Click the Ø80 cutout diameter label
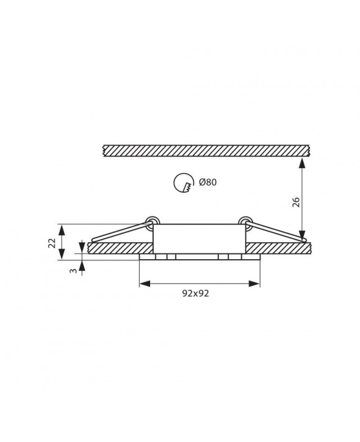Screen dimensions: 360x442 207,182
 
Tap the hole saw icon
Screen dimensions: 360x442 184,184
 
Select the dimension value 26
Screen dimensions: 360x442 296,202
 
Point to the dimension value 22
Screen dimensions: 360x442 52,243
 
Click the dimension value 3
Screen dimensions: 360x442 73,271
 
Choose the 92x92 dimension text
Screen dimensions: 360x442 195,293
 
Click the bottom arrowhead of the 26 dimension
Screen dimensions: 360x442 303,236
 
